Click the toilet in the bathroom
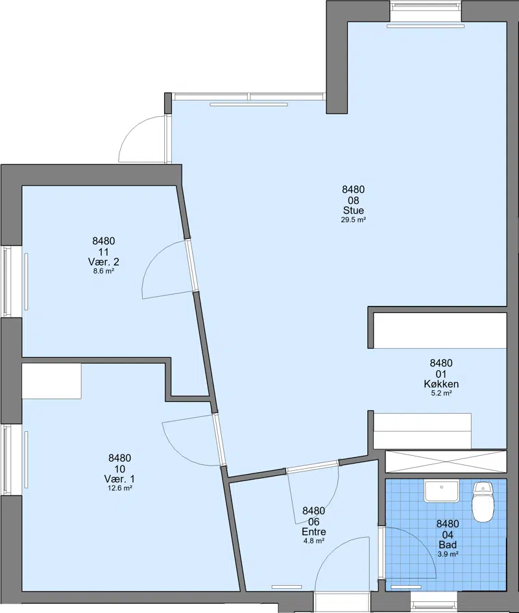tap(483, 501)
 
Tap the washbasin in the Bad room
tap(441, 491)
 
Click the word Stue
tap(354, 210)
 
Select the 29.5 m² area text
tap(354, 219)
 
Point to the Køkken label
tap(441, 384)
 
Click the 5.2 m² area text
tap(441, 394)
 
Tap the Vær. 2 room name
tap(104, 262)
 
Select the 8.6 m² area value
tap(104, 271)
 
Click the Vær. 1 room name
tap(119, 479)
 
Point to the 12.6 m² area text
tap(119, 488)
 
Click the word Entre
tap(314, 532)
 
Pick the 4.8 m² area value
tap(314, 541)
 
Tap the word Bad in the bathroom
tap(448, 545)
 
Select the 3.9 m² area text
tap(448, 554)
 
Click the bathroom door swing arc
tap(422, 541)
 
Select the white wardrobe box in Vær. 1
tap(51, 381)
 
